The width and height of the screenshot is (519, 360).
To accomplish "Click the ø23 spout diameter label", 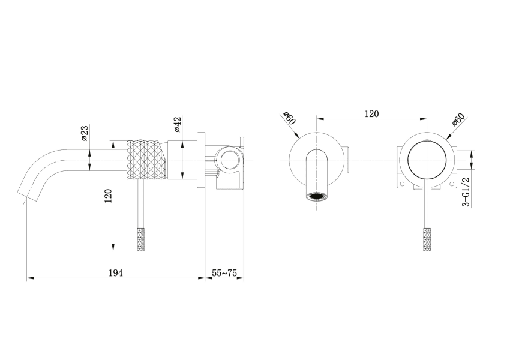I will pyautogui.click(x=85, y=133).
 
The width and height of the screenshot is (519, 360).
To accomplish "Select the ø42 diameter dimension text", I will pyautogui.click(x=177, y=124).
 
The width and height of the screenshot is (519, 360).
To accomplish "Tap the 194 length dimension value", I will pyautogui.click(x=115, y=273).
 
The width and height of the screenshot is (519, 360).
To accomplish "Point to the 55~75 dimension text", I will pyautogui.click(x=224, y=273).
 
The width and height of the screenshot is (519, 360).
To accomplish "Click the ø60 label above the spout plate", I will pyautogui.click(x=290, y=118).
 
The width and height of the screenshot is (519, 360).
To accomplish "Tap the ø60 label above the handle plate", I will pyautogui.click(x=458, y=119).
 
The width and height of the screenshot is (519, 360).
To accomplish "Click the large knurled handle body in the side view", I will pyautogui.click(x=144, y=160).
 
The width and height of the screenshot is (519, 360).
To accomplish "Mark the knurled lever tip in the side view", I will pyautogui.click(x=140, y=239).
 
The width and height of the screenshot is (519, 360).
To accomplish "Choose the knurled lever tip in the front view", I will pyautogui.click(x=427, y=239).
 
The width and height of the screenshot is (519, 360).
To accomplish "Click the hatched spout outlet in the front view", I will pyautogui.click(x=316, y=196).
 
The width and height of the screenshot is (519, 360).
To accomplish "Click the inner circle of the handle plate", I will pyautogui.click(x=427, y=160).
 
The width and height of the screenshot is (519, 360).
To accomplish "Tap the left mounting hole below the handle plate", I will pyautogui.click(x=403, y=179).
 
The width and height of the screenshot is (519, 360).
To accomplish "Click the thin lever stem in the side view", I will pyautogui.click(x=140, y=204).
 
